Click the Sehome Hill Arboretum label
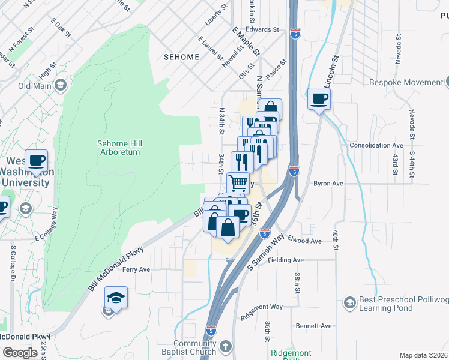[x=119, y=148]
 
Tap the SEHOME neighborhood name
[x=181, y=57]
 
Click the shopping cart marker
[x=238, y=182]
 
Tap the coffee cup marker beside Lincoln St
[x=319, y=98]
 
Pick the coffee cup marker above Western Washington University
[x=37, y=161]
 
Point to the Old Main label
[x=34, y=86]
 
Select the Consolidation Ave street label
[x=376, y=145]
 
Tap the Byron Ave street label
[x=328, y=184]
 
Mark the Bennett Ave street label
[x=313, y=326]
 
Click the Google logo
[x=20, y=352]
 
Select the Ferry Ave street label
[x=136, y=269]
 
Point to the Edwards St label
[x=262, y=29]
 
